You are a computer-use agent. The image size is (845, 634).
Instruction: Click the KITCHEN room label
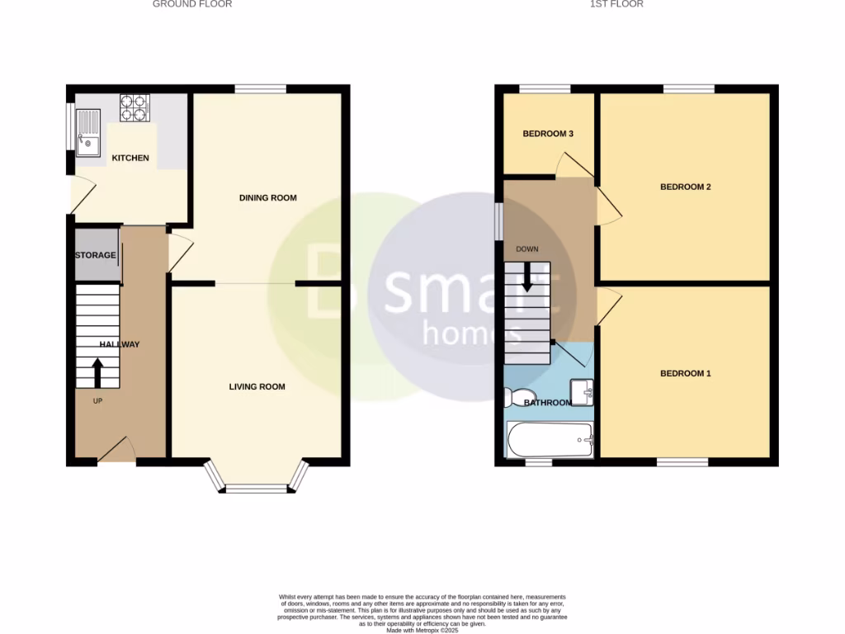130,158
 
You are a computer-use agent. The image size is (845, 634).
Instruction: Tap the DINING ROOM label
267,198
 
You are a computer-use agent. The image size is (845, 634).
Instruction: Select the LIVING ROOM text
257,386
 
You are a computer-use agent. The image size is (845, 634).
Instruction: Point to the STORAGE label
96,255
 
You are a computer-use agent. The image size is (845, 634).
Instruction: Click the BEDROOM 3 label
548,134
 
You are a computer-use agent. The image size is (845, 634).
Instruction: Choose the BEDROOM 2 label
685,187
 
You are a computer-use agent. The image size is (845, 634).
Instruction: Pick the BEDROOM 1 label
685,374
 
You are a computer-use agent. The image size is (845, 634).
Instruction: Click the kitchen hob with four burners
135,108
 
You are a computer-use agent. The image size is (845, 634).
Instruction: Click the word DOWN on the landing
526,248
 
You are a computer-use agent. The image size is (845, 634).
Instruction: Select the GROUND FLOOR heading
192,4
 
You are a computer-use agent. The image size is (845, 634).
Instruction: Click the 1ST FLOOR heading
616,4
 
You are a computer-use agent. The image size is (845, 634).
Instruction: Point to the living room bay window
257,487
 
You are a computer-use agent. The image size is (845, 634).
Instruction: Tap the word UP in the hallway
97,401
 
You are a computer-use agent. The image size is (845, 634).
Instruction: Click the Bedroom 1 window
682,462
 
